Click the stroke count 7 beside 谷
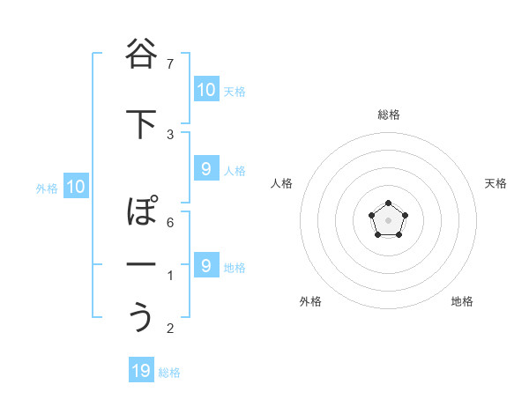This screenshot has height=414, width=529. pyautogui.click(x=170, y=63)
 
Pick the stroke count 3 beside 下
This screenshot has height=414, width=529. pyautogui.click(x=170, y=134)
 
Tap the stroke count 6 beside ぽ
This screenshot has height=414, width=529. pyautogui.click(x=170, y=222)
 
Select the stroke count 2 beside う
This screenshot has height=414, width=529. pyautogui.click(x=170, y=329)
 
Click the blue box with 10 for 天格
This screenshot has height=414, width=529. pyautogui.click(x=205, y=89)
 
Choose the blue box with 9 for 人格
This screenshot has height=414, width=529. pyautogui.click(x=205, y=169)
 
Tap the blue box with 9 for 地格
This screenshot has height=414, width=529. pyautogui.click(x=205, y=265)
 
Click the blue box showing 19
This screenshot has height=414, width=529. pyautogui.click(x=141, y=371)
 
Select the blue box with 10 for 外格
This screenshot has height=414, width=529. pyautogui.click(x=75, y=187)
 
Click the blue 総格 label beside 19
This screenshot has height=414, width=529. pyautogui.click(x=169, y=373)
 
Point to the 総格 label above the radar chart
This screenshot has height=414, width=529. pyautogui.click(x=389, y=115)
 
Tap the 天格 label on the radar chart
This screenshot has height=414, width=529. pyautogui.click(x=496, y=183)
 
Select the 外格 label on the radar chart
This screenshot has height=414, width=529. pyautogui.click(x=310, y=301)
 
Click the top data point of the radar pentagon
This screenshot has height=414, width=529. pyautogui.click(x=389, y=204)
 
